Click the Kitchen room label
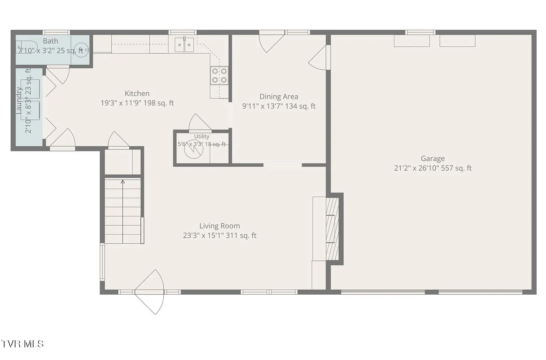pyautogui.click(x=137, y=93)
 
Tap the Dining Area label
pyautogui.click(x=279, y=97)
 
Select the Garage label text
pyautogui.click(x=433, y=159)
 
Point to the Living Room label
pyautogui.click(x=220, y=226)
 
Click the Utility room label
pyautogui.click(x=202, y=136)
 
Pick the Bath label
pyautogui.click(x=50, y=41)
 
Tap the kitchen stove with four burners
pyautogui.click(x=219, y=76)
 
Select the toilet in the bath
pyautogui.click(x=27, y=47)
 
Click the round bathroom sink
pyautogui.click(x=81, y=50)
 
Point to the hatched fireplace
pyautogui.click(x=332, y=229)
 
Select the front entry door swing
pyautogui.click(x=149, y=292)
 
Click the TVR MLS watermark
pyautogui.click(x=22, y=344)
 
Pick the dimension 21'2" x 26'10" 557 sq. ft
pyautogui.click(x=433, y=168)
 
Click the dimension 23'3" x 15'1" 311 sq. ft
pyautogui.click(x=220, y=235)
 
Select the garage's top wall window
pyautogui.click(x=420, y=32)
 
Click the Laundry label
pyautogui.click(x=19, y=100)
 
